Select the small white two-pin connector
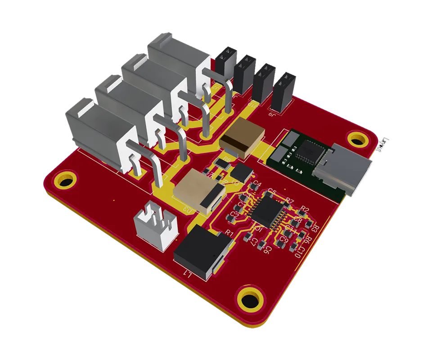point(155,224)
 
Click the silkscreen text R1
point(229,233)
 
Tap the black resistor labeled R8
point(221,162)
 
